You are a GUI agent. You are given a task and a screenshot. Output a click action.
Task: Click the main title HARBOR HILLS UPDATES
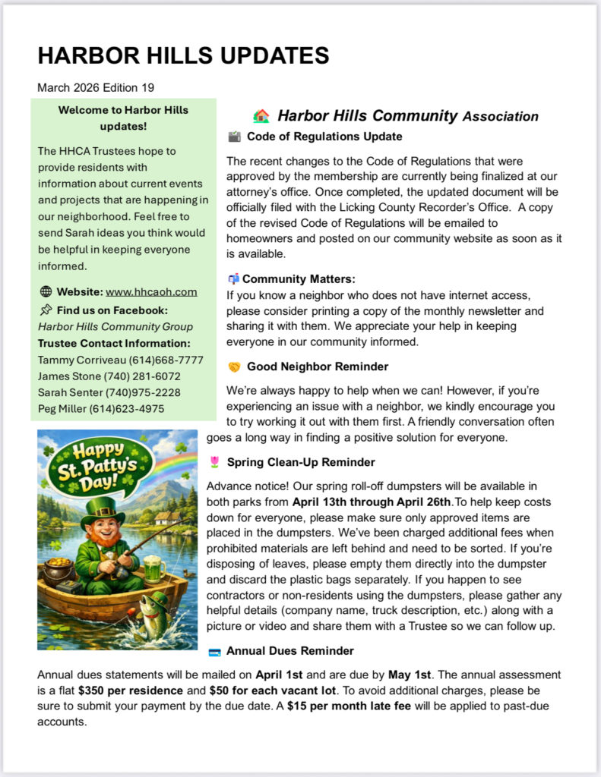[183, 56]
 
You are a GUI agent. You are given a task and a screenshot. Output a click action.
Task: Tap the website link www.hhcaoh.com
[151, 291]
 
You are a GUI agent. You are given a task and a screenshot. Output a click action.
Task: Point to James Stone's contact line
[109, 376]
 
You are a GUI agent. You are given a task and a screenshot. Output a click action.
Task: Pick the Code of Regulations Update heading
[324, 137]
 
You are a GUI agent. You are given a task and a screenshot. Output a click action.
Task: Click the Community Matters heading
[299, 278]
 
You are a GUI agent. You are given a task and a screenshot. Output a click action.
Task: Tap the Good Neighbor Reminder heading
[318, 366]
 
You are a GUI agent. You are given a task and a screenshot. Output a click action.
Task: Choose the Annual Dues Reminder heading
[289, 651]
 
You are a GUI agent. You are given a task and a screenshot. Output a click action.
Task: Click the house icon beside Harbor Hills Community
[261, 116]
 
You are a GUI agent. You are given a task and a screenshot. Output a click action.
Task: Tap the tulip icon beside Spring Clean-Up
[214, 462]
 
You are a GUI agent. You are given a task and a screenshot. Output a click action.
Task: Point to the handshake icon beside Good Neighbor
[234, 367]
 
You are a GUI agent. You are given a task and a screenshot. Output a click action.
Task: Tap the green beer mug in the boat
[153, 568]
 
